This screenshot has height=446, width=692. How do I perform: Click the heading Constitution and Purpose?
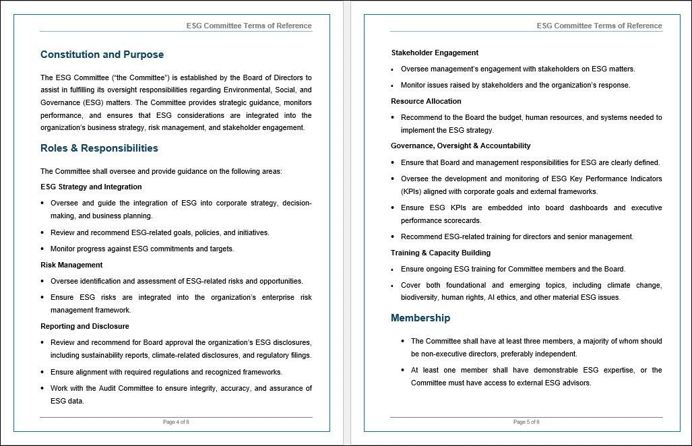tap(102, 55)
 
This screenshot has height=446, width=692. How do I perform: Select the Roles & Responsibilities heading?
tap(99, 148)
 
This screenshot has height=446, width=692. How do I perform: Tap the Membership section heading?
tap(420, 318)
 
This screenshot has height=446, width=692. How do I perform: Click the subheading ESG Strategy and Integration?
tap(91, 187)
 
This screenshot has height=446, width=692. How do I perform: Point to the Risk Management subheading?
tap(71, 265)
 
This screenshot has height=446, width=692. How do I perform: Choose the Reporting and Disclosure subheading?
tap(85, 326)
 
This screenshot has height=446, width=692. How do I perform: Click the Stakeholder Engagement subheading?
tap(435, 53)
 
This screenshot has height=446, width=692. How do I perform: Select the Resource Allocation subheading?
tap(426, 101)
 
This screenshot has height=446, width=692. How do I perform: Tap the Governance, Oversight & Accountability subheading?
tap(460, 146)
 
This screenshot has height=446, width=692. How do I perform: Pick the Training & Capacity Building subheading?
tap(441, 253)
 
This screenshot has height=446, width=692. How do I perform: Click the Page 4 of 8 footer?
tap(176, 422)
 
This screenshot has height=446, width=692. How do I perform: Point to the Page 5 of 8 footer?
tap(526, 422)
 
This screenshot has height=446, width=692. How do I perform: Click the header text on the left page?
tap(249, 26)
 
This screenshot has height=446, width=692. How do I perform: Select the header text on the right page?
tap(599, 26)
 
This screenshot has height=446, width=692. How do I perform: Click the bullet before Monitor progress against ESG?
tap(43, 249)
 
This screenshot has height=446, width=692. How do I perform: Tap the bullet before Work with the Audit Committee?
tap(43, 388)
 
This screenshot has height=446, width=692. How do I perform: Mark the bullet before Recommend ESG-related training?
tap(394, 236)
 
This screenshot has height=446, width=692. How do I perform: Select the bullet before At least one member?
tap(403, 370)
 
